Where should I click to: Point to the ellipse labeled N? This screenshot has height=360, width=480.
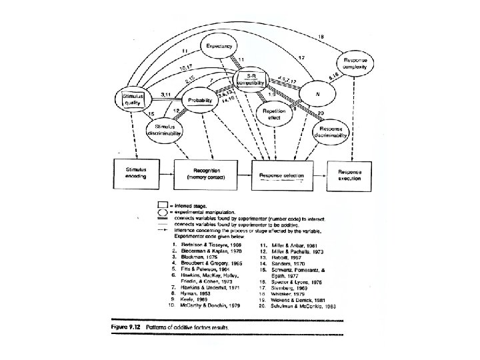tap(317, 95)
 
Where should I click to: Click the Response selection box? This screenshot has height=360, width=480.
tap(281, 176)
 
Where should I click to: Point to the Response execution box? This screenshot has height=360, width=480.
tap(349, 174)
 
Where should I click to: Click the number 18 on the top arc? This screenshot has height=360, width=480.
tap(321, 36)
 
